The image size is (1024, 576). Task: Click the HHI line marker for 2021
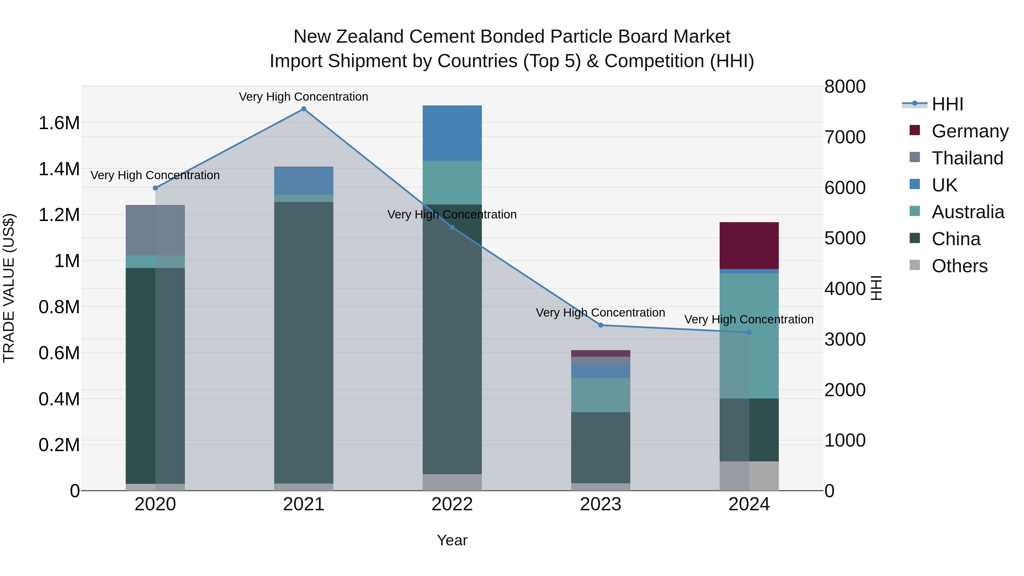(x=304, y=109)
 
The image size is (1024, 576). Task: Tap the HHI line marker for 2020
(x=155, y=188)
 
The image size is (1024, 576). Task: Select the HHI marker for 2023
(x=601, y=325)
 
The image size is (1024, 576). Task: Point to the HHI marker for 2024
(x=749, y=332)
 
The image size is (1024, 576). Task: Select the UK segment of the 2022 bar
(x=452, y=133)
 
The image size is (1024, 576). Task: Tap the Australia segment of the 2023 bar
(x=601, y=395)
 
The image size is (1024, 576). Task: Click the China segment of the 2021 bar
(x=304, y=342)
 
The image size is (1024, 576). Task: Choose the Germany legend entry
(x=970, y=131)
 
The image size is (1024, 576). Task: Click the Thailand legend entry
(x=967, y=158)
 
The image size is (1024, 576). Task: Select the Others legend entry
(x=959, y=266)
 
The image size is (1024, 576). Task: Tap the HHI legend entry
(x=947, y=104)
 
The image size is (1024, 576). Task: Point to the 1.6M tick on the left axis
(x=59, y=123)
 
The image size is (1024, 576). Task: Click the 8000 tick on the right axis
(x=845, y=87)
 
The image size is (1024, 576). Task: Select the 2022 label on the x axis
(x=452, y=504)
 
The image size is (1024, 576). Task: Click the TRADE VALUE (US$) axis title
(x=9, y=288)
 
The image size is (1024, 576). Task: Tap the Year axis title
(x=452, y=540)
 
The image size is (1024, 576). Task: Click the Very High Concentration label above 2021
(x=304, y=97)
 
